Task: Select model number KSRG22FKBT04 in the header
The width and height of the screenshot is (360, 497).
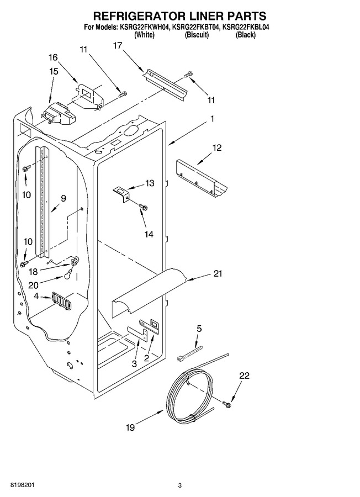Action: click(196, 27)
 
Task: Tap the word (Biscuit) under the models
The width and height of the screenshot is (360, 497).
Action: click(197, 35)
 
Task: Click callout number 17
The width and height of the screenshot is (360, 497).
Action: click(117, 46)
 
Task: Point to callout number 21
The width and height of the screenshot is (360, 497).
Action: click(218, 273)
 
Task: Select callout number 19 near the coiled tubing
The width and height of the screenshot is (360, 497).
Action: click(130, 427)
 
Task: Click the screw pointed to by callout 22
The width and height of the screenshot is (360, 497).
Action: click(227, 404)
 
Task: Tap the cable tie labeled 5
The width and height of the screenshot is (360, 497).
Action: click(190, 354)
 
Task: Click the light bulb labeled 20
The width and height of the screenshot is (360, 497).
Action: click(68, 276)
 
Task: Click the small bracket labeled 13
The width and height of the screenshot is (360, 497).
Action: click(121, 193)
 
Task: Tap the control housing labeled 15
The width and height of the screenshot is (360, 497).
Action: click(59, 113)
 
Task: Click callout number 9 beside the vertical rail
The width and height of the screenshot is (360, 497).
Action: click(63, 199)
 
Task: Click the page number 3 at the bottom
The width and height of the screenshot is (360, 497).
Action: click(179, 485)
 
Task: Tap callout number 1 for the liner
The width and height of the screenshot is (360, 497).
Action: click(212, 119)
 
